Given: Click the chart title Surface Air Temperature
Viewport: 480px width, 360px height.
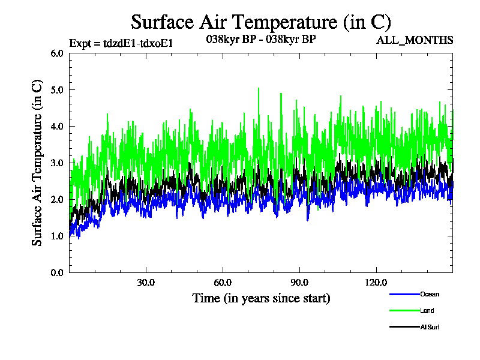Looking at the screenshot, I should tap(261, 22).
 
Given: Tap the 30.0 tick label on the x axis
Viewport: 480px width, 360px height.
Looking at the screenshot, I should tap(146, 283).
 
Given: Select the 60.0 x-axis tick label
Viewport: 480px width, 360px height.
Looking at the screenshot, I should tap(223, 283).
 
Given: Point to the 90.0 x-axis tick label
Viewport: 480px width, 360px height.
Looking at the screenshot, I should tap(299, 283).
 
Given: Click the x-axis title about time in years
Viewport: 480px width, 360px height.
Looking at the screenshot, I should tap(261, 298).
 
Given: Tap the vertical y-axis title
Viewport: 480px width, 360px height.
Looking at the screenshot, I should tap(37, 163).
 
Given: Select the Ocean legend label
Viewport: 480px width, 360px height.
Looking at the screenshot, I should tap(429, 294).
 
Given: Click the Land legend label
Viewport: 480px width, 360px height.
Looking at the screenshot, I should tap(427, 310).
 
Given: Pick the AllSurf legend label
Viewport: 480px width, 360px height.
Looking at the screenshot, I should tap(430, 326).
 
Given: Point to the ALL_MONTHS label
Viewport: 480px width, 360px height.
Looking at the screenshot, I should tap(414, 40).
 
